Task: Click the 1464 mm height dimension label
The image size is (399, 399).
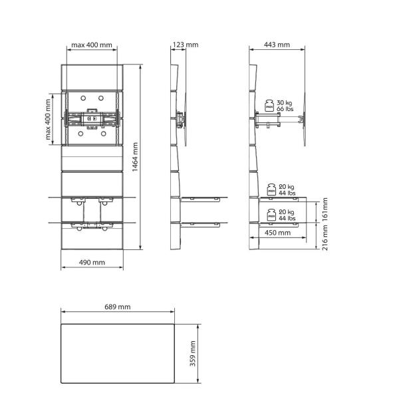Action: click(x=135, y=158)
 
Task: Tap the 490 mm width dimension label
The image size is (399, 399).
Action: click(x=92, y=263)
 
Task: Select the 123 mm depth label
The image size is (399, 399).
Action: click(x=185, y=45)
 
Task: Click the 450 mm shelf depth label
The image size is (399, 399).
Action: click(x=277, y=233)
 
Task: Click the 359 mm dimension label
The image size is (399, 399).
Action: click(x=193, y=354)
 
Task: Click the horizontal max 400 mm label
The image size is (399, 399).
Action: click(x=92, y=45)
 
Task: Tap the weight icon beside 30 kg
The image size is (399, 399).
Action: click(x=270, y=105)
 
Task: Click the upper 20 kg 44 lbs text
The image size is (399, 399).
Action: click(x=287, y=190)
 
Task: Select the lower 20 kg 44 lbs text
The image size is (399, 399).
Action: click(x=287, y=215)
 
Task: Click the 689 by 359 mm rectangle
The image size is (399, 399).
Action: click(x=118, y=354)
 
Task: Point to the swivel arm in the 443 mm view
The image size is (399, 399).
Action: click(x=279, y=120)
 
